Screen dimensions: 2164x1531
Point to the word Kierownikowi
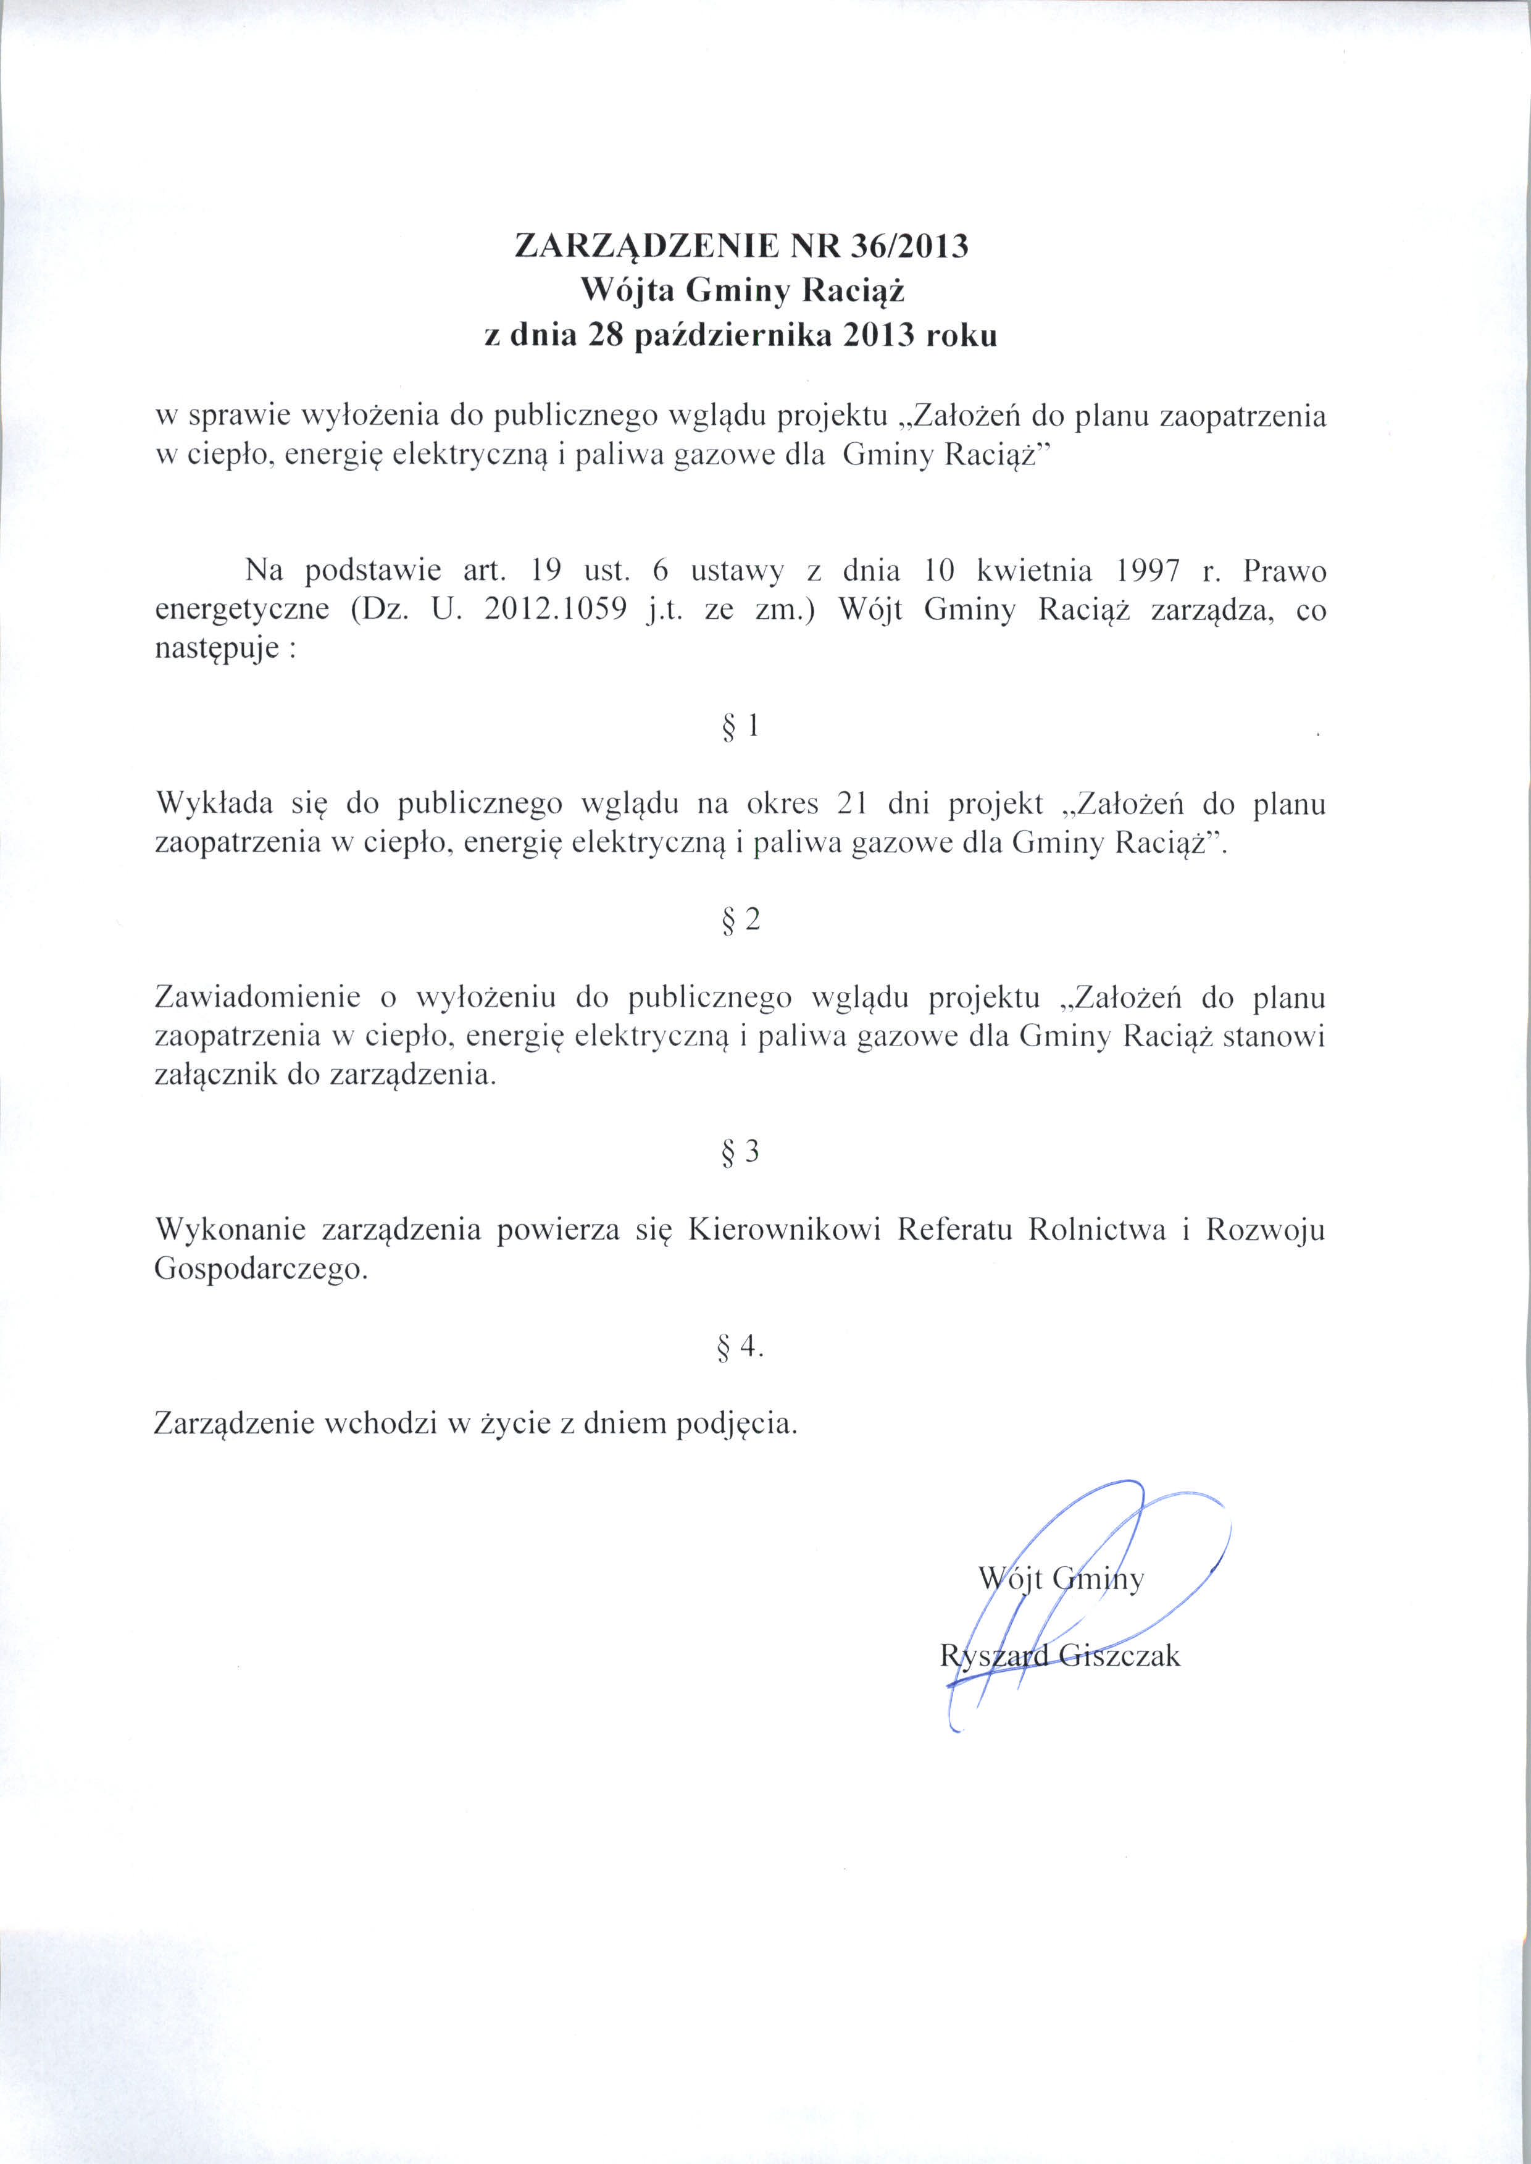(785, 1230)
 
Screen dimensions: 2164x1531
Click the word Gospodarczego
(260, 1270)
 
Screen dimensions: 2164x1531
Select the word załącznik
(216, 1075)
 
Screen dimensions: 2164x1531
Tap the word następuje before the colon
(216, 650)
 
